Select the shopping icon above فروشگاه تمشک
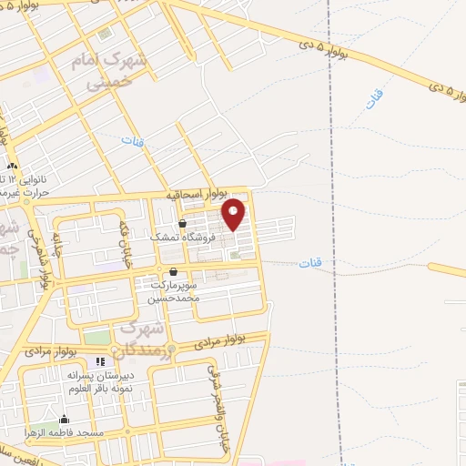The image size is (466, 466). [182, 223]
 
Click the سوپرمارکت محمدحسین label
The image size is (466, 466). [175, 290]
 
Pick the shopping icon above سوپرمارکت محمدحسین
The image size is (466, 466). [173, 271]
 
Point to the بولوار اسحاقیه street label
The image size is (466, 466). [193, 196]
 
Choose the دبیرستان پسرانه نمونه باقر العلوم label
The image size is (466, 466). [100, 380]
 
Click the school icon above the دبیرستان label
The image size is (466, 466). [100, 362]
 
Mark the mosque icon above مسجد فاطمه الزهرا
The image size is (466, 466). [64, 420]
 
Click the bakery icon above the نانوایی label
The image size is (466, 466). [12, 167]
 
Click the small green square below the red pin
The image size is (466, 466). [235, 255]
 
